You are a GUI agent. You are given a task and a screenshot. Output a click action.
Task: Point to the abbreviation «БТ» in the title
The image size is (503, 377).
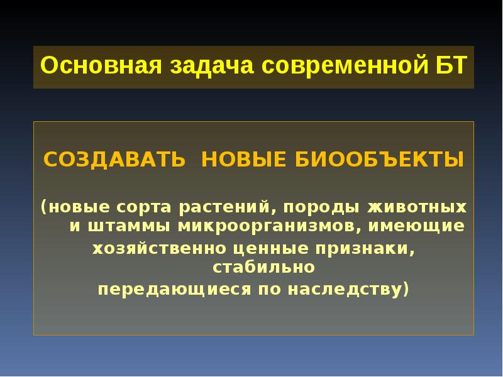[450, 66]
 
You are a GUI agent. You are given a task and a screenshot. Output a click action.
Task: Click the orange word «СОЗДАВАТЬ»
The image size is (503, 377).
[114, 159]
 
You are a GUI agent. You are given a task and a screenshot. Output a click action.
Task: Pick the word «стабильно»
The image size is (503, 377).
[263, 268]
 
